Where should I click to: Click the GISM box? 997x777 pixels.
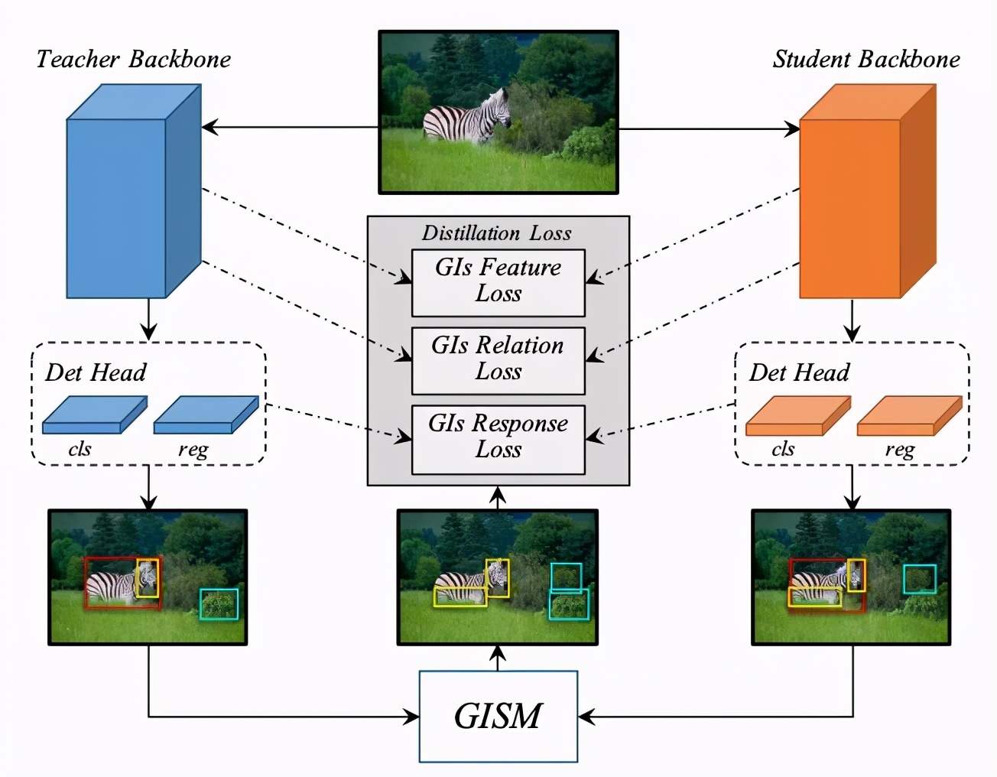(x=498, y=716)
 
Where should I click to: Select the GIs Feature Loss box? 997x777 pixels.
(x=498, y=282)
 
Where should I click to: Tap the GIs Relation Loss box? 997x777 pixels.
(x=498, y=360)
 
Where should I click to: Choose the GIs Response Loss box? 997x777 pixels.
(x=498, y=438)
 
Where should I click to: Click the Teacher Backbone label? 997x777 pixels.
(x=133, y=60)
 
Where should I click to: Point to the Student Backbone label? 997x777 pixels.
(x=865, y=60)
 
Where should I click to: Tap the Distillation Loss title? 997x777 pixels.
(x=497, y=233)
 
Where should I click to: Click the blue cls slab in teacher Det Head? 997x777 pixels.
(x=93, y=415)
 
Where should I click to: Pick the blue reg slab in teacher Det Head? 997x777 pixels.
(x=205, y=415)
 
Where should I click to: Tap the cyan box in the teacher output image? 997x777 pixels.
(x=219, y=604)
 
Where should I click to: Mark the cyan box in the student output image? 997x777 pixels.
(x=919, y=579)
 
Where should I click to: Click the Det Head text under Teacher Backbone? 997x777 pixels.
(x=96, y=372)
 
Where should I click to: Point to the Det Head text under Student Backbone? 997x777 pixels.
(x=799, y=372)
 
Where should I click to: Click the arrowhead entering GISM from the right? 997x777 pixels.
(x=584, y=717)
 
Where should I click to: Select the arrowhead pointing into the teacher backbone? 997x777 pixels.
(x=209, y=128)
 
